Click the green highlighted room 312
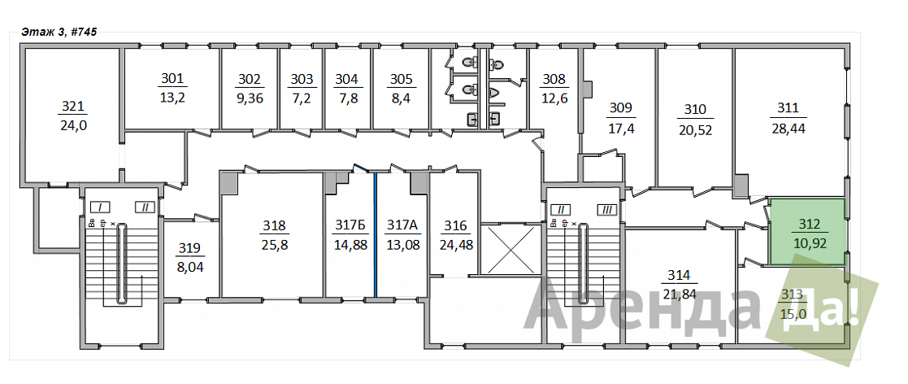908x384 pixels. (x=807, y=232)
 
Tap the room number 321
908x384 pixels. (x=73, y=107)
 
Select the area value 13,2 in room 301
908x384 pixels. (x=172, y=98)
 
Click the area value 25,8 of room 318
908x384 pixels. (x=274, y=244)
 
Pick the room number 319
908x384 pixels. (x=189, y=248)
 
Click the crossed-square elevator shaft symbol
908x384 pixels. (x=510, y=250)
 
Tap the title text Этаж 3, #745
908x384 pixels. (x=59, y=32)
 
